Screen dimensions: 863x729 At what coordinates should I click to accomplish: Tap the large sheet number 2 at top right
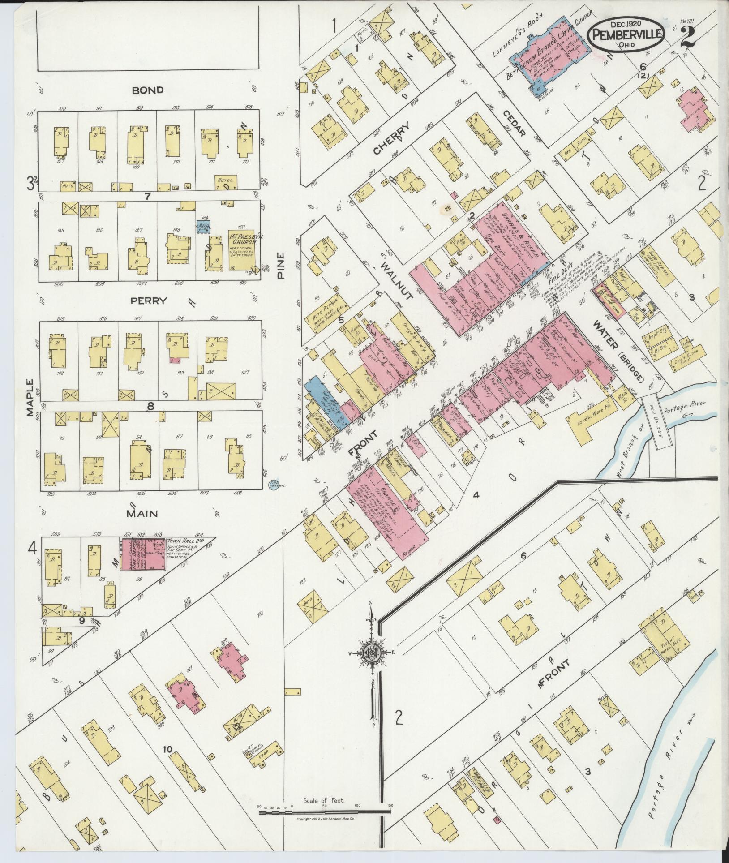coord(687,37)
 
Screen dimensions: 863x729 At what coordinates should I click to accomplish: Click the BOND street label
coord(147,90)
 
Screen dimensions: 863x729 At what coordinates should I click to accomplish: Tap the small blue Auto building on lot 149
coord(203,226)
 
